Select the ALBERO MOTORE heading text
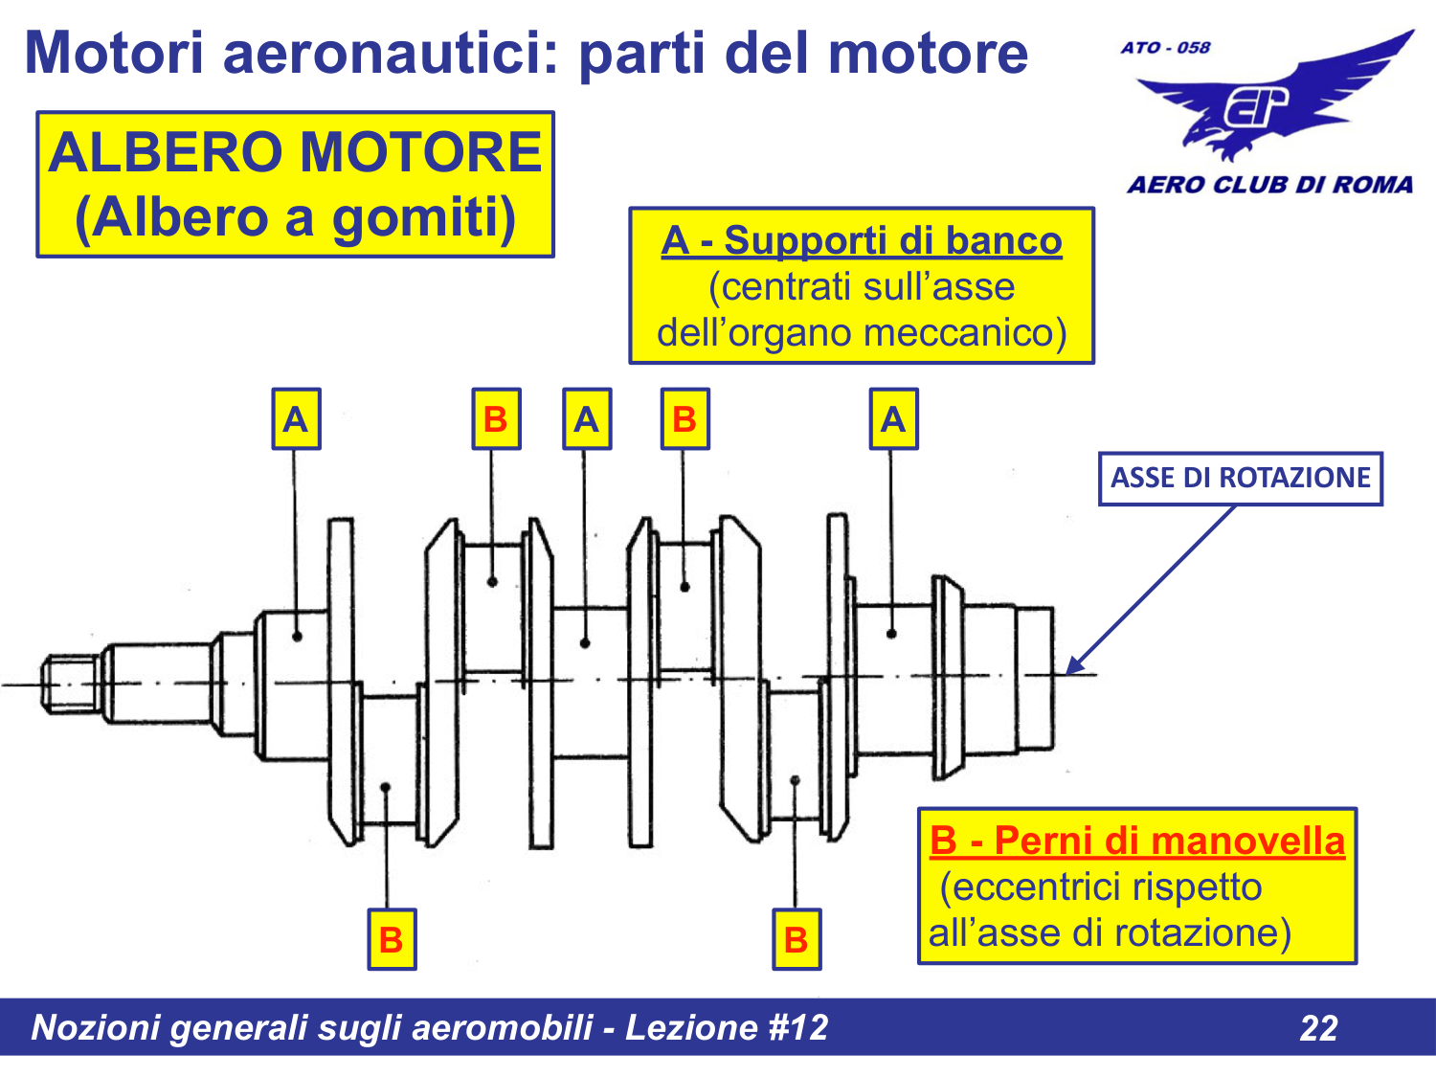click(x=295, y=152)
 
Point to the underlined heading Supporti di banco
click(x=892, y=240)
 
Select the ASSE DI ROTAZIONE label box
click(x=1240, y=478)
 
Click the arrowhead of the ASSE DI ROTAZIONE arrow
click(x=1074, y=666)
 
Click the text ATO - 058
click(x=1165, y=47)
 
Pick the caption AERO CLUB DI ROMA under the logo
click(x=1269, y=185)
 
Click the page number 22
click(x=1318, y=1027)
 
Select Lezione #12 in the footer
click(x=727, y=1027)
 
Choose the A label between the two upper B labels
click(x=586, y=419)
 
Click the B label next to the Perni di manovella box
click(x=797, y=939)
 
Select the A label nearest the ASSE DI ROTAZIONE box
click(x=893, y=419)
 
